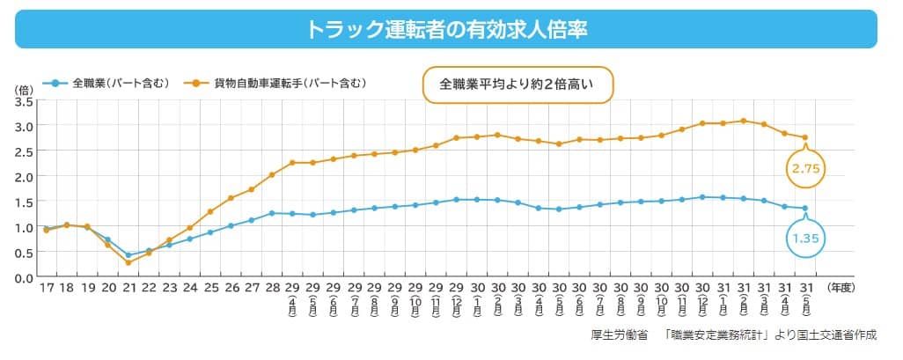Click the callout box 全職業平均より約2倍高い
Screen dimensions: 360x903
point(518,85)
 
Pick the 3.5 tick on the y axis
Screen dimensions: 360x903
point(24,101)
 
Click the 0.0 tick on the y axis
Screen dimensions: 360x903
point(24,278)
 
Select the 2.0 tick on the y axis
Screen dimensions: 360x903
point(24,177)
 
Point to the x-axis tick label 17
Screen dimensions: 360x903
point(46,289)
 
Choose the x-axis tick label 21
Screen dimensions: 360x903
point(128,289)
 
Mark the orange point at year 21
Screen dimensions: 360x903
point(128,262)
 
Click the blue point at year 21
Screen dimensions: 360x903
point(128,255)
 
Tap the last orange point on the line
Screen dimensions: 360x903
point(804,137)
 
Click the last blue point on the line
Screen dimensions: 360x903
point(804,209)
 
